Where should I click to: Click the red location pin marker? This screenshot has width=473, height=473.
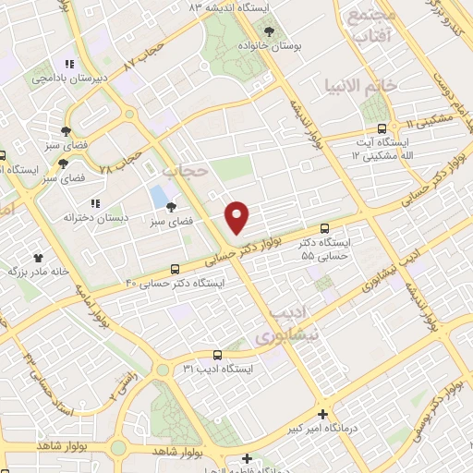237,215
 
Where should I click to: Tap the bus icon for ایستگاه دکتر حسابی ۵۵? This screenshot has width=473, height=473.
323,227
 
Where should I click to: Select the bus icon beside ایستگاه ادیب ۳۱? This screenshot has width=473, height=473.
217,354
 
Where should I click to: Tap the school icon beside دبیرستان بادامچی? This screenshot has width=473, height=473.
68,65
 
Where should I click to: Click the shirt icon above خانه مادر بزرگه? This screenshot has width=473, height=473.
38,258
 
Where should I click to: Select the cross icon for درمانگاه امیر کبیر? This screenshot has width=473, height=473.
321,415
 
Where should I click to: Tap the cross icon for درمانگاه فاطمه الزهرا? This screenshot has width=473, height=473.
247,458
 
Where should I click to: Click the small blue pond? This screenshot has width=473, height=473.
158,197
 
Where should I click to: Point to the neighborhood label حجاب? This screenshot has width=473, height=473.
180,172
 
